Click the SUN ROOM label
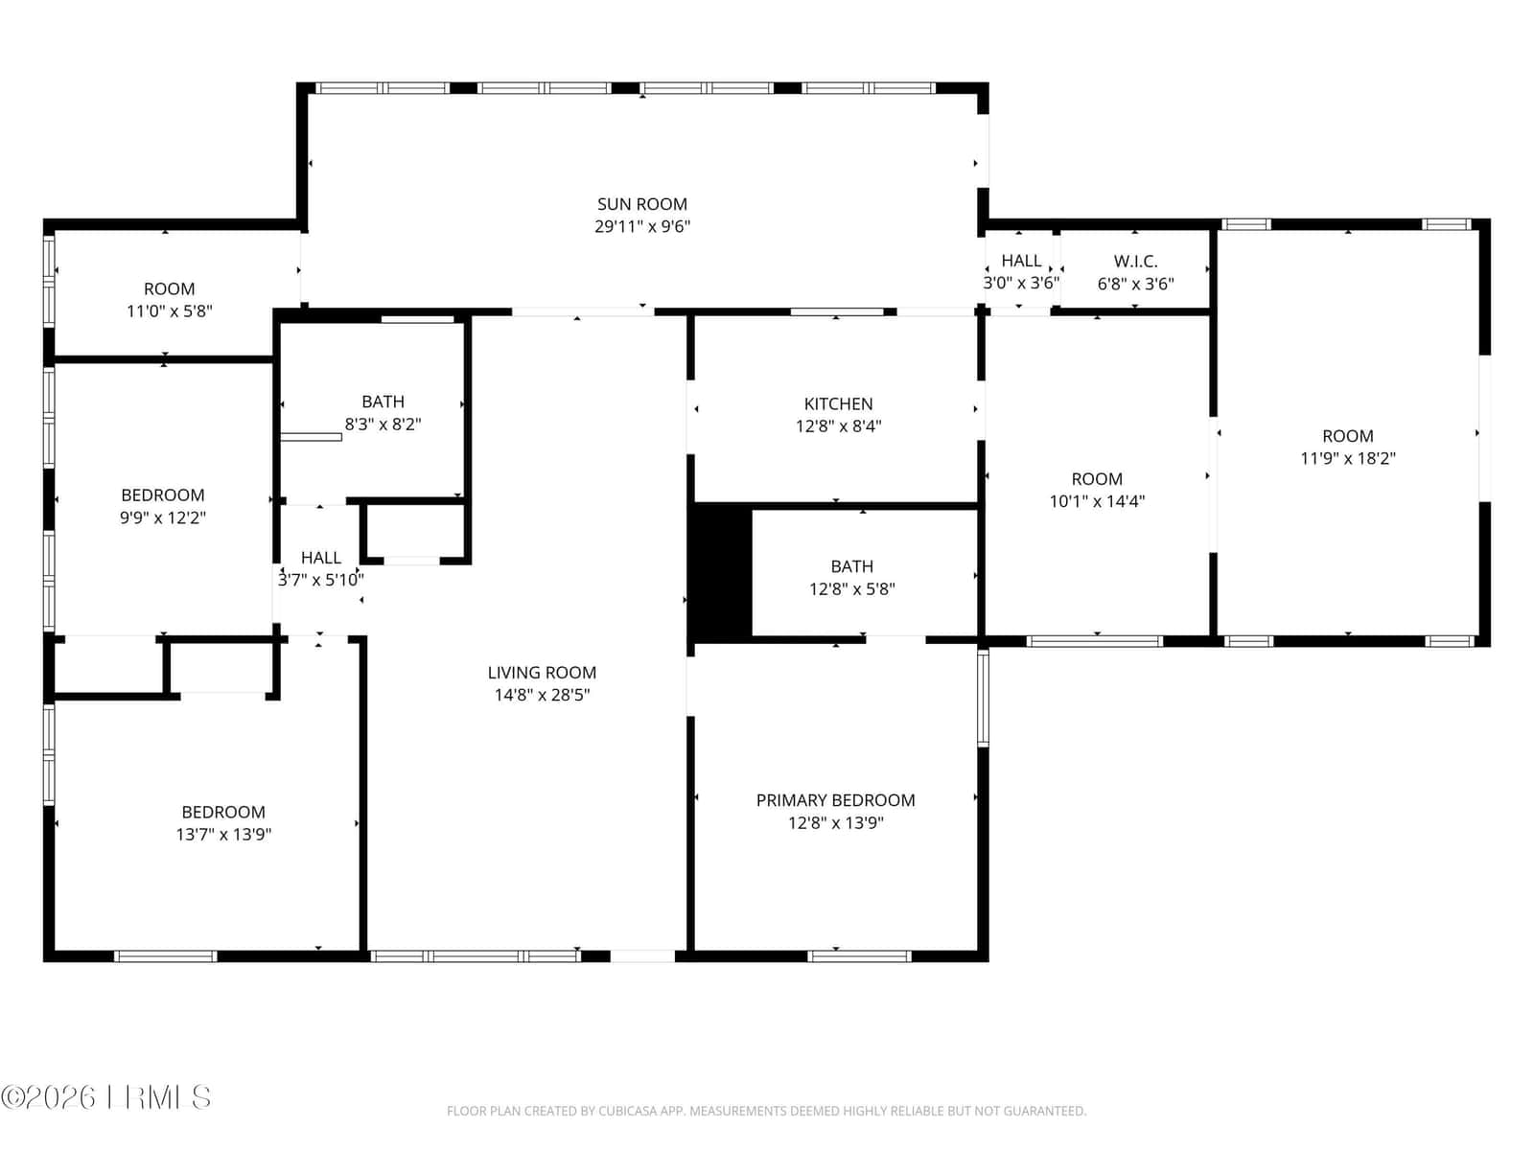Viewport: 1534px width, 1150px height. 641,204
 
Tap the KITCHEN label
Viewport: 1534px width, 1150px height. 838,403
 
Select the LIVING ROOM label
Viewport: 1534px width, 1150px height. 542,673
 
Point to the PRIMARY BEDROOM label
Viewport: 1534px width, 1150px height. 835,800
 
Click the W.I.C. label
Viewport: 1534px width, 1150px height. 1135,261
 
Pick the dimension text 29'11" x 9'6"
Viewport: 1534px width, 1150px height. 641,226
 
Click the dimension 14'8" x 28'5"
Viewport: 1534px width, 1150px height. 542,695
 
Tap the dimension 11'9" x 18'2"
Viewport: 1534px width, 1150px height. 1347,458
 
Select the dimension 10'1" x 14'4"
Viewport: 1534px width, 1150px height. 1097,500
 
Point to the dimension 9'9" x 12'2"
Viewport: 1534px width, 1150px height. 162,517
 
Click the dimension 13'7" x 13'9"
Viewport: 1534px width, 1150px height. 223,834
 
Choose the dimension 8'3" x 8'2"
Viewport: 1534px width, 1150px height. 383,424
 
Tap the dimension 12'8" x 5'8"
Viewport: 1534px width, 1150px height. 851,588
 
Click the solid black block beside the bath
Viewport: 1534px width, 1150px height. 722,572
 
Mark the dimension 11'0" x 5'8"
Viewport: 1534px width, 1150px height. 169,310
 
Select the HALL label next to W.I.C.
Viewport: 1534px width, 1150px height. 1021,261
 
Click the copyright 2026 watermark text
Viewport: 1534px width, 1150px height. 105,1097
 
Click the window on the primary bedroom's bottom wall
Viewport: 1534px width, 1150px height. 859,955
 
